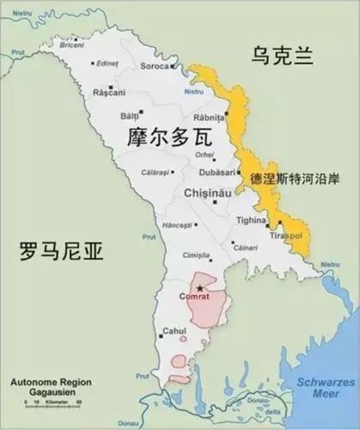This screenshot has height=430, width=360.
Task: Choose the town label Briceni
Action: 82,46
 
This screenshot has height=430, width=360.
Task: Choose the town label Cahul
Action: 174,332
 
